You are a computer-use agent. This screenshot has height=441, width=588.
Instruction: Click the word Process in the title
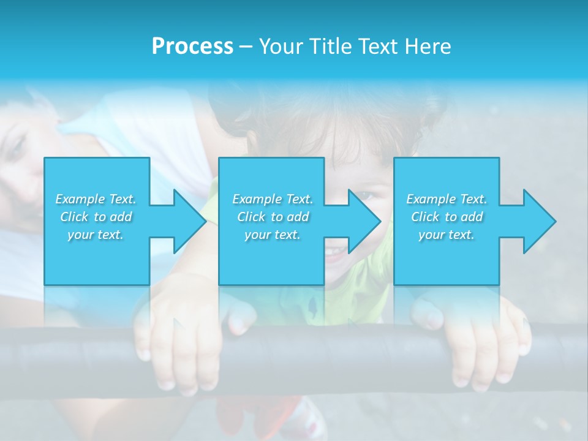[192, 47]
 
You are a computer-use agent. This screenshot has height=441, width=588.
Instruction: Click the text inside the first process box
[96, 217]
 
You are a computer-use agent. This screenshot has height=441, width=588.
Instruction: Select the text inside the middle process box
[272, 217]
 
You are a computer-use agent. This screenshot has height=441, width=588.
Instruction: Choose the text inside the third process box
[447, 217]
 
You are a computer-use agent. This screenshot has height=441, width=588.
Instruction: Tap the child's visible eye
[366, 196]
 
